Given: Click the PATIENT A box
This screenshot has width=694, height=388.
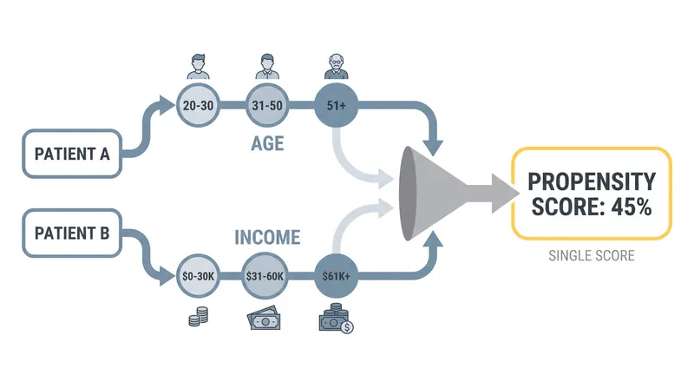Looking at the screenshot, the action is [x=72, y=154].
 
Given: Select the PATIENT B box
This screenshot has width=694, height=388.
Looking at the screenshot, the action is [x=72, y=233].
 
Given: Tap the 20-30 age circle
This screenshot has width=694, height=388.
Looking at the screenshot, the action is [x=199, y=105].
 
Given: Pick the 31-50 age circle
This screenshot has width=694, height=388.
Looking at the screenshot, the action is [x=267, y=105].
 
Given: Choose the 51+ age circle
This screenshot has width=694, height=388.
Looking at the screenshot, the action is [x=337, y=105].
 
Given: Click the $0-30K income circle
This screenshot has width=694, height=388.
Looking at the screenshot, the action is [x=199, y=276].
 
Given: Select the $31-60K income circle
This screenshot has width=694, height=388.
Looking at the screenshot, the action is [x=265, y=276].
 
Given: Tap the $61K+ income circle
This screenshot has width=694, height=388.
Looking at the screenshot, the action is [x=337, y=276].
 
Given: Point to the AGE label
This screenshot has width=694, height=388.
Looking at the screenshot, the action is [x=267, y=143].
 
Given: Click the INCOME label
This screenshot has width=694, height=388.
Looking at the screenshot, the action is [x=267, y=238].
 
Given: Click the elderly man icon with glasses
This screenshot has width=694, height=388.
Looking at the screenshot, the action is [x=337, y=67].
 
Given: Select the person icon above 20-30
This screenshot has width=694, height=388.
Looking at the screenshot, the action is [x=199, y=67].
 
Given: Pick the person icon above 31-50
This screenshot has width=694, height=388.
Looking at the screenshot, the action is [x=267, y=67].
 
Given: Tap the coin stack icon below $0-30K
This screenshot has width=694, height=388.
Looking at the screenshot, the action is [x=199, y=317].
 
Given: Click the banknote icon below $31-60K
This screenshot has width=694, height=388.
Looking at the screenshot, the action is [x=265, y=318].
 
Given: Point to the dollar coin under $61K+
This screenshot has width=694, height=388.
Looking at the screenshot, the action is [x=348, y=327].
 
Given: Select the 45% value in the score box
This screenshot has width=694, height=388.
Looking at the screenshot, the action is [x=632, y=207].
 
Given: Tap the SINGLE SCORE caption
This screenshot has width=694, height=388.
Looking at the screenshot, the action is [x=592, y=255].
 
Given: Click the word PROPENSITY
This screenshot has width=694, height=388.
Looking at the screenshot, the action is [x=592, y=181].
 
